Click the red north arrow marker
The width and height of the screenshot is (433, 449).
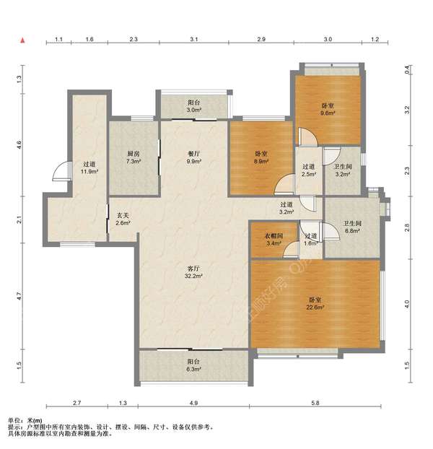coord(22,40)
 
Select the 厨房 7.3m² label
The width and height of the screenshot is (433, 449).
coord(134,157)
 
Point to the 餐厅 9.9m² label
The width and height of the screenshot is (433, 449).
coord(193,157)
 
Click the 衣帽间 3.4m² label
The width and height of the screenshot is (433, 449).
coord(274,240)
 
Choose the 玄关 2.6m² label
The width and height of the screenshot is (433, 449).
coord(123,219)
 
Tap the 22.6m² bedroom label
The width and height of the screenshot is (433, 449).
coord(315,304)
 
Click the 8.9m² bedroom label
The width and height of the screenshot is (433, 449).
coord(261,157)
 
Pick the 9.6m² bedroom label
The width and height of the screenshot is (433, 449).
coord(328,110)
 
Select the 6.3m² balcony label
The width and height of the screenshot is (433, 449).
coord(193,365)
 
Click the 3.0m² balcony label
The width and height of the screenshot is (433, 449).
coord(193,106)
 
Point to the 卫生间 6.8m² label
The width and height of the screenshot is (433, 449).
coord(352,227)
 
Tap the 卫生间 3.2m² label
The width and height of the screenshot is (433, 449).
coord(343,170)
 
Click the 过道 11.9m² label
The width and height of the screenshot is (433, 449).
coord(89,167)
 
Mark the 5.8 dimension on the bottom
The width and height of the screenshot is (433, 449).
coord(315,403)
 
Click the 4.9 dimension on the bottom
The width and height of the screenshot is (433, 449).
coord(193,403)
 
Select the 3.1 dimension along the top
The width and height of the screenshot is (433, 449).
coord(193,39)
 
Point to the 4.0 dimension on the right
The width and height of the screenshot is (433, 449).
coord(407,304)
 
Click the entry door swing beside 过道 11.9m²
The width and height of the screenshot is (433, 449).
coord(61,171)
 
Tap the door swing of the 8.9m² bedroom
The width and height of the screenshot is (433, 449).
coord(285,185)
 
